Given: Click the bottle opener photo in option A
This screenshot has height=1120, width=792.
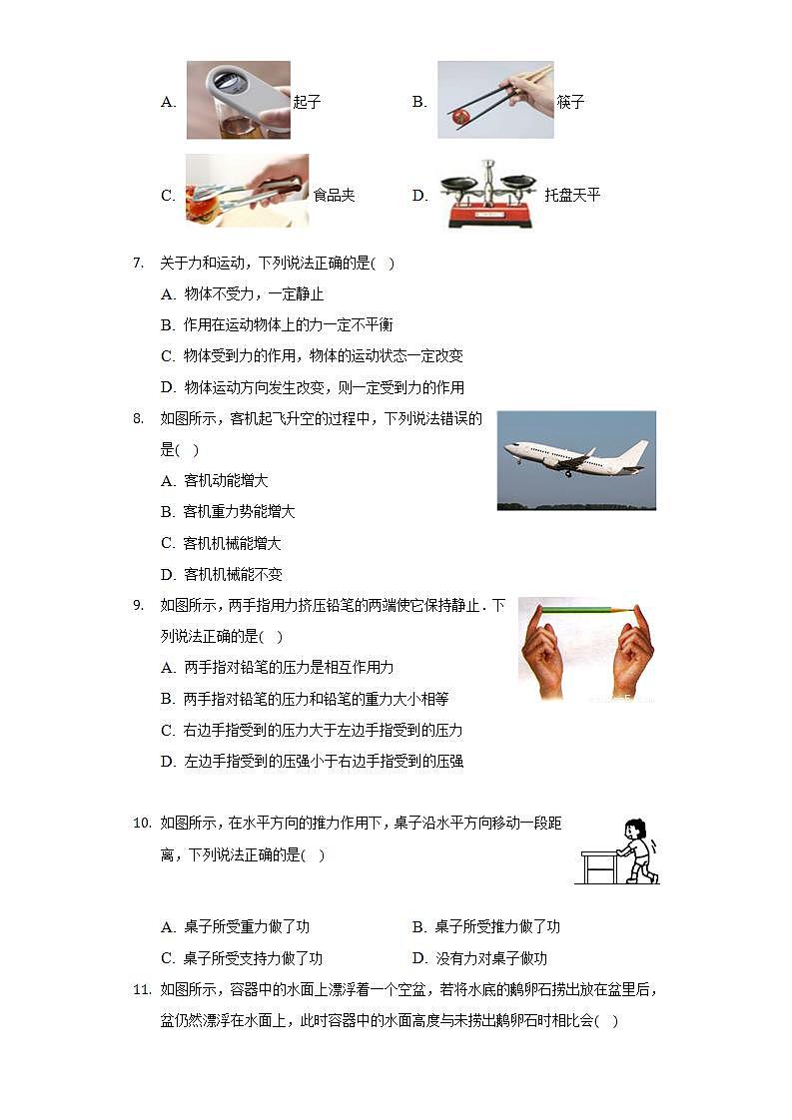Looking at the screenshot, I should [238, 100].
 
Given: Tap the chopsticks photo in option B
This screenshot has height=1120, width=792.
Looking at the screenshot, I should [495, 100].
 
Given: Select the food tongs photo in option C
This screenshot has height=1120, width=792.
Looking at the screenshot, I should [247, 190].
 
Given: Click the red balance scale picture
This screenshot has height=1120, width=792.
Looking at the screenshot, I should [489, 195].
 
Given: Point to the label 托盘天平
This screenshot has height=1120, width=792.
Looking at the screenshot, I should [573, 196].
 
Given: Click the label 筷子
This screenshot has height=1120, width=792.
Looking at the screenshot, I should [570, 102].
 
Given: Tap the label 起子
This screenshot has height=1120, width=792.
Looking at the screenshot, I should [307, 102].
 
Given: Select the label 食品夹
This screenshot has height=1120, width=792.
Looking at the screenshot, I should [334, 196].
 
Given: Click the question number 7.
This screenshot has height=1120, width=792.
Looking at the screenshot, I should [139, 264].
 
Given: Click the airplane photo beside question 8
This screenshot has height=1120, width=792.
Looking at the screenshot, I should [576, 460].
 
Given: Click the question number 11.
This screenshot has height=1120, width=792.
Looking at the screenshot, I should [141, 990].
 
